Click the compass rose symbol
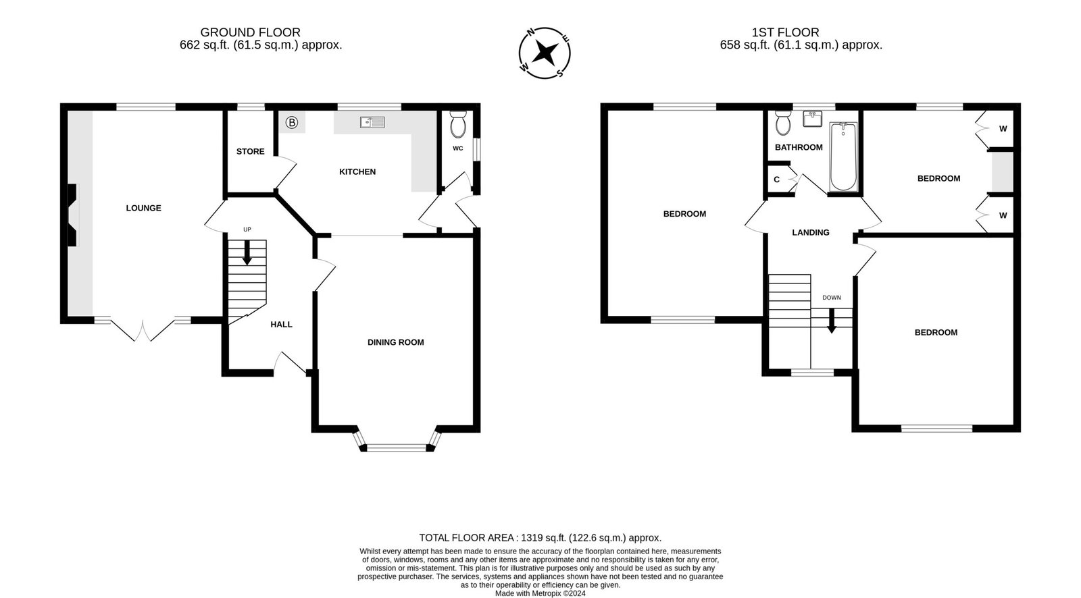(545, 53)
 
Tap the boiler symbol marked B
(291, 122)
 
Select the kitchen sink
(372, 122)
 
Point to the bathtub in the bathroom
(843, 157)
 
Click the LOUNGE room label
(143, 208)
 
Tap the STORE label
(251, 151)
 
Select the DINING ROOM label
(396, 342)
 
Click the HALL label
(281, 325)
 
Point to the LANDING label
(811, 232)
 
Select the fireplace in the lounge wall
(72, 215)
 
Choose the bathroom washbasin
(813, 119)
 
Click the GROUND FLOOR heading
(251, 32)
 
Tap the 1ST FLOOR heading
(785, 32)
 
